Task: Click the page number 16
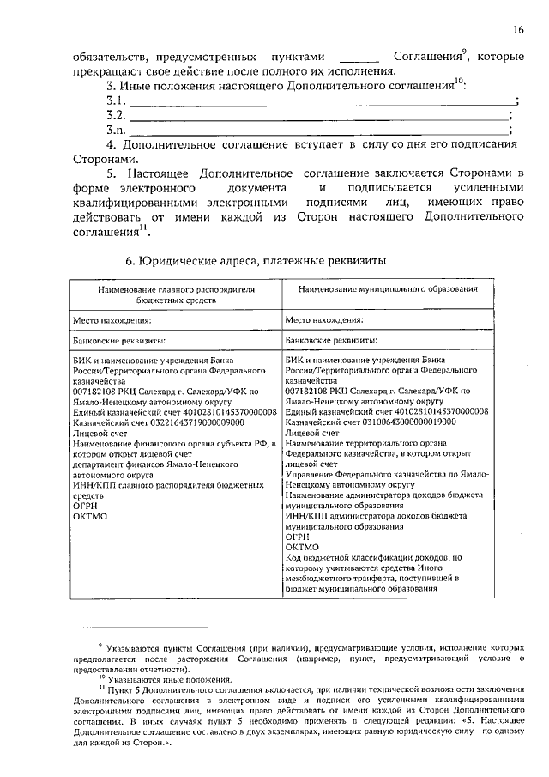tap(518, 29)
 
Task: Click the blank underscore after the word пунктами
tap(358, 58)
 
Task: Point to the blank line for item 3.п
tap(317, 130)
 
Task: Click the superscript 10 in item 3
tap(459, 82)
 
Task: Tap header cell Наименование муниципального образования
tap(388, 291)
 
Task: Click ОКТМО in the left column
tap(88, 517)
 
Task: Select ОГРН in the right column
tap(299, 535)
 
